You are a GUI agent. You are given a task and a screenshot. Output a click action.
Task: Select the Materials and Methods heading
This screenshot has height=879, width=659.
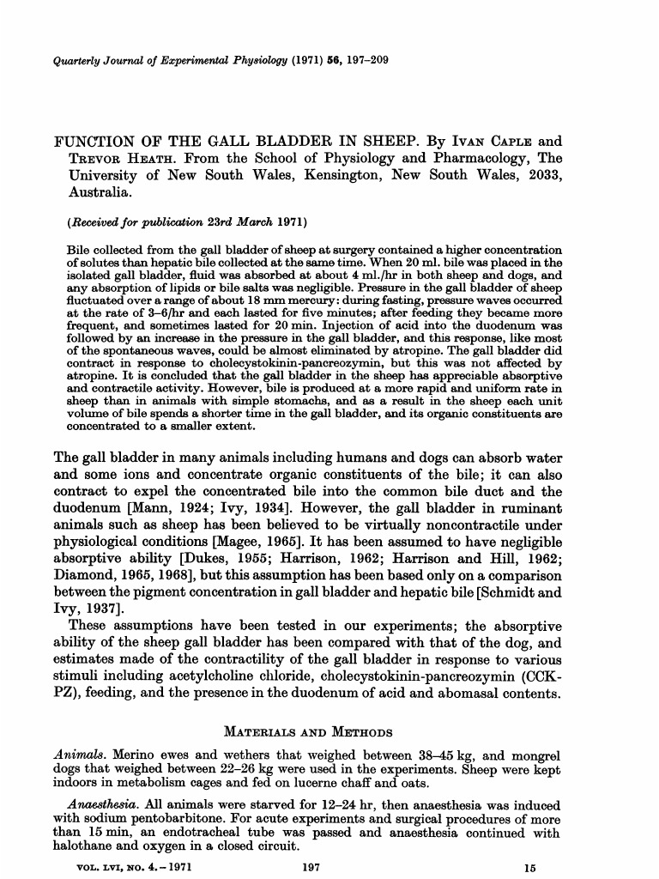308,732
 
